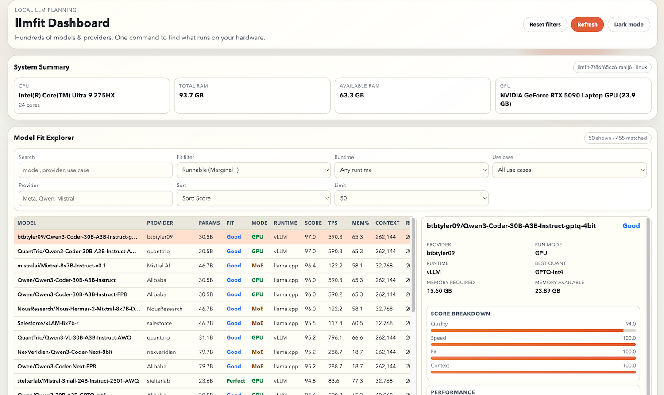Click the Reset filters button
[x=545, y=24]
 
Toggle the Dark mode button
[x=629, y=24]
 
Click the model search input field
[x=96, y=170]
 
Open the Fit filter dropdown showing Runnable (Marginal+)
[x=253, y=170]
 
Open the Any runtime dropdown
[x=411, y=170]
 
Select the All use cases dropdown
[x=569, y=170]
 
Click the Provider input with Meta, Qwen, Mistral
[x=96, y=198]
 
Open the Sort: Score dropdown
[x=253, y=198]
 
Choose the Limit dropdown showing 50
[x=411, y=198]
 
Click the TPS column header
[x=333, y=223]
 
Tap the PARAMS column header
[x=209, y=223]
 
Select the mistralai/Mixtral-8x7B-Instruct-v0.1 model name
[x=62, y=266]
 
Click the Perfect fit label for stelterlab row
[x=235, y=381]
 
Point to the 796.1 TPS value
[x=335, y=337]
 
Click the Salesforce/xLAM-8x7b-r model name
[x=48, y=323]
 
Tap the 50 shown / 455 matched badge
[x=618, y=138]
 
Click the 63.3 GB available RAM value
[x=351, y=95]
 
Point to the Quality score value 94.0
[x=630, y=324]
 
